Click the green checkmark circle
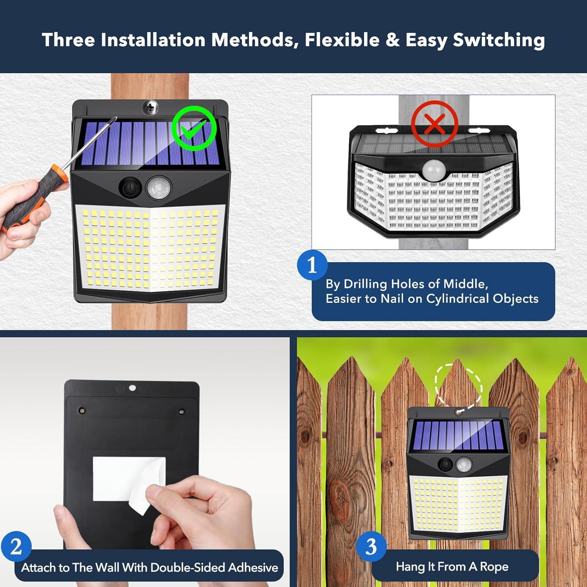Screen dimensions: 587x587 pos(194,128)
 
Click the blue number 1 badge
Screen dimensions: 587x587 pos(312,265)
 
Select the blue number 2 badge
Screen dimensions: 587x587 pos(16,546)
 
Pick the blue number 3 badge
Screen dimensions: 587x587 pos(371,546)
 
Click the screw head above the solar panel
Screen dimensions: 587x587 pos(150,106)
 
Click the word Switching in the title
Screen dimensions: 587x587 pos(499,40)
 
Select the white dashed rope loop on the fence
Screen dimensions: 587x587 pos(458,385)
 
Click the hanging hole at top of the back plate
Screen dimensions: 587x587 pos(132,388)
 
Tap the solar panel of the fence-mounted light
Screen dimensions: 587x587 pos(458,435)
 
